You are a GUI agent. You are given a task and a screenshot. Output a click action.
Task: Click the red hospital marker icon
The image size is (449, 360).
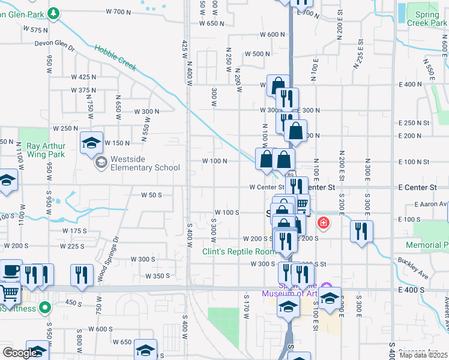[324, 224]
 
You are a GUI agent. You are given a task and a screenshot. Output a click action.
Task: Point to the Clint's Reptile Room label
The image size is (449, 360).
[238, 251]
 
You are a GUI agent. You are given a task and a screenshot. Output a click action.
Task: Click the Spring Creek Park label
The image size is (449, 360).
[426, 18]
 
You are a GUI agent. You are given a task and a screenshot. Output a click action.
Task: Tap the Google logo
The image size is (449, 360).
[19, 353]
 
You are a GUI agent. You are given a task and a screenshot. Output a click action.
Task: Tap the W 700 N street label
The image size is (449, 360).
[118, 11]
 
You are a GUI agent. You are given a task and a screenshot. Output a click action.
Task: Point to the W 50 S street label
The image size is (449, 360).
[152, 195]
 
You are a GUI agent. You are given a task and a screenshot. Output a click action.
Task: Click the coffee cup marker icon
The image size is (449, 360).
[10, 270]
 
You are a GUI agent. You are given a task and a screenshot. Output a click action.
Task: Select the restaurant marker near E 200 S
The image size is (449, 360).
[361, 231]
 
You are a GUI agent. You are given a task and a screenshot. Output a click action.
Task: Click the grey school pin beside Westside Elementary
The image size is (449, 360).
[101, 162]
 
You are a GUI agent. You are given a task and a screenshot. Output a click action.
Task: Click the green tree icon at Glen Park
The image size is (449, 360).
[53, 12]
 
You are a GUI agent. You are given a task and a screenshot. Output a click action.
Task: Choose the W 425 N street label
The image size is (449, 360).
[83, 77]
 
